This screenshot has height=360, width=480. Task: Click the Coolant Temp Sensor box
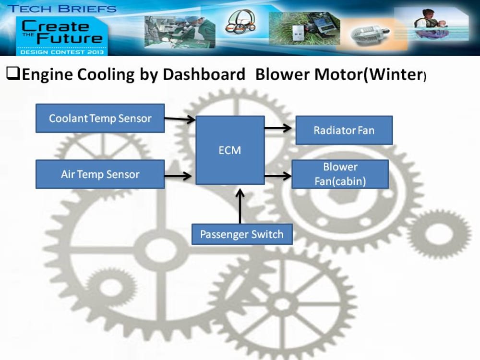(100, 118)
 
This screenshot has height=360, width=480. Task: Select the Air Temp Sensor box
(100, 174)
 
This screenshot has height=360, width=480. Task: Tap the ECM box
(230, 150)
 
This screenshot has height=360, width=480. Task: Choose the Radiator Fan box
(344, 130)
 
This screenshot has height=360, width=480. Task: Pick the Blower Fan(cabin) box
(340, 174)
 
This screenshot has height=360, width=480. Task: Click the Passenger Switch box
(241, 235)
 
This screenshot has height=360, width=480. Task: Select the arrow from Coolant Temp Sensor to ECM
(180, 119)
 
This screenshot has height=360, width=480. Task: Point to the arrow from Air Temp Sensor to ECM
(178, 176)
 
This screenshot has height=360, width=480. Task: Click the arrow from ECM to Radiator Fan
(278, 128)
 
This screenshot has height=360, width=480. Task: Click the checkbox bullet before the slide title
(12, 74)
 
